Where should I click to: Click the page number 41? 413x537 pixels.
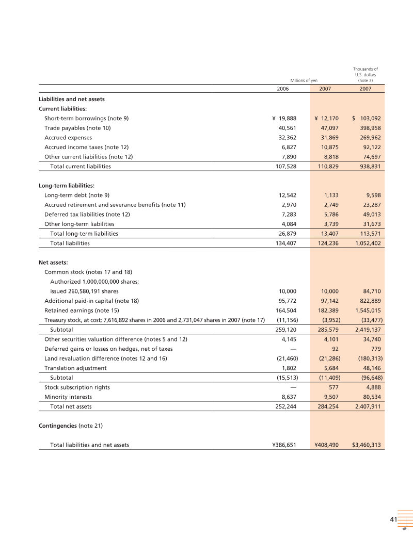393,519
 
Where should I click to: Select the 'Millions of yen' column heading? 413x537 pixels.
304,80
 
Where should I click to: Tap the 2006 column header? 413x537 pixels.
283,89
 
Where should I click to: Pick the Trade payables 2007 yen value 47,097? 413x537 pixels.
328,127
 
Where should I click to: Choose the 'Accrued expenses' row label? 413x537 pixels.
68,138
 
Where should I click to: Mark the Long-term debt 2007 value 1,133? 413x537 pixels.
331,195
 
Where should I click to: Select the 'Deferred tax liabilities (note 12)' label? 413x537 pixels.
87,214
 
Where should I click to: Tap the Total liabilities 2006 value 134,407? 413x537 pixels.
283,243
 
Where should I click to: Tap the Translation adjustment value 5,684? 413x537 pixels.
330,368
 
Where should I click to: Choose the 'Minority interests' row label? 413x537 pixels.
69,397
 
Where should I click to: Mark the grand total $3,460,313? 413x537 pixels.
367,445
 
